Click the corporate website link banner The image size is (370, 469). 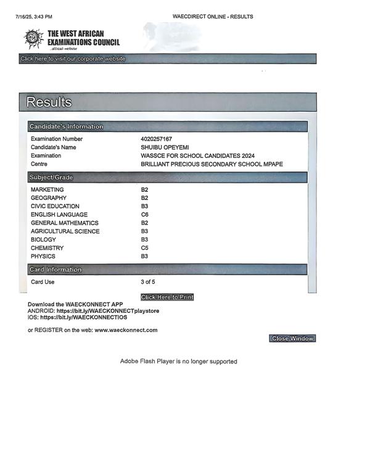click(73, 59)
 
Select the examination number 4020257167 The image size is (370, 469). click(157, 139)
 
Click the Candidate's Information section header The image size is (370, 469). click(67, 127)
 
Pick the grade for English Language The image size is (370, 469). click(145, 215)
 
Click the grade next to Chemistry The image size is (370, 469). click(145, 248)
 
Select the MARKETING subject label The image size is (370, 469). click(47, 189)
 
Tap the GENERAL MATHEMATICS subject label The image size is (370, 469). click(64, 223)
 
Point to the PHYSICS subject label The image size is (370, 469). click(43, 256)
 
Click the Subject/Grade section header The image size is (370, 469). click(51, 177)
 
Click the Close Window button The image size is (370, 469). click(293, 338)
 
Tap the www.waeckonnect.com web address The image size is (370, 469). click(126, 330)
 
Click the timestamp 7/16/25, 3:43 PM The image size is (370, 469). click(33, 17)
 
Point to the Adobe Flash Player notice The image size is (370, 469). click(178, 361)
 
